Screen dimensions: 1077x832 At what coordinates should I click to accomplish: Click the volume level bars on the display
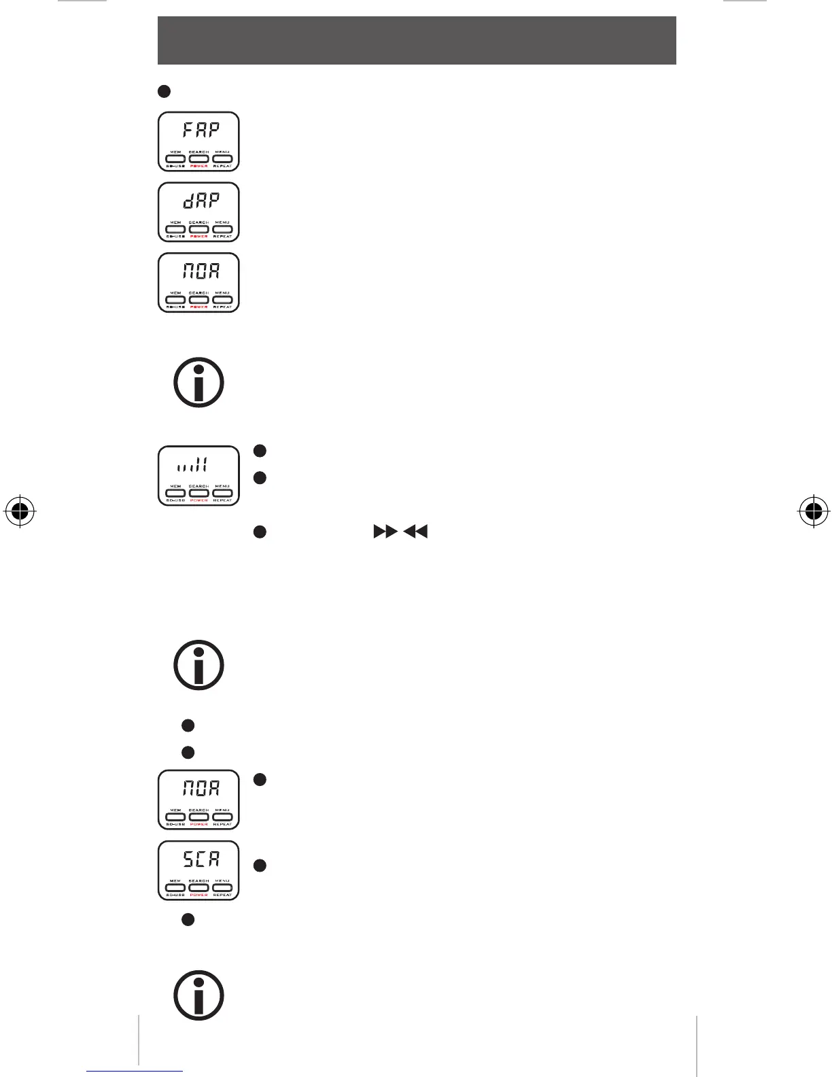pyautogui.click(x=192, y=465)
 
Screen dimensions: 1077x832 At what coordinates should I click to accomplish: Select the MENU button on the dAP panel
pyautogui.click(x=222, y=229)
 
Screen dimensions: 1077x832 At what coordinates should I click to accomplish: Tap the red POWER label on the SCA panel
pyautogui.click(x=199, y=895)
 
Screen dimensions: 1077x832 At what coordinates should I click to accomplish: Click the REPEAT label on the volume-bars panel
pyautogui.click(x=222, y=500)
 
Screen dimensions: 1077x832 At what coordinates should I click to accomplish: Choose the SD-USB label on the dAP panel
pyautogui.click(x=176, y=237)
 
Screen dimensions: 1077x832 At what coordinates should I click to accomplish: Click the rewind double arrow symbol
pyautogui.click(x=415, y=532)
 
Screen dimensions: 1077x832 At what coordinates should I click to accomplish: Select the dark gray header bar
pyautogui.click(x=417, y=41)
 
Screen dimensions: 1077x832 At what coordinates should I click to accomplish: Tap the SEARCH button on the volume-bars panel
pyautogui.click(x=199, y=493)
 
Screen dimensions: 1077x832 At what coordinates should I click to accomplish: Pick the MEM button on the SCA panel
pyautogui.click(x=176, y=887)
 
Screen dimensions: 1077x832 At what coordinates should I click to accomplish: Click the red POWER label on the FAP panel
pyautogui.click(x=199, y=166)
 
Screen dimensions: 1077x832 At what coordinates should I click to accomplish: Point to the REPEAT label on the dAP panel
pyautogui.click(x=222, y=237)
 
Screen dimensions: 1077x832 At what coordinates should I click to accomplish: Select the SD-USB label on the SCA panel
pyautogui.click(x=176, y=895)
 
